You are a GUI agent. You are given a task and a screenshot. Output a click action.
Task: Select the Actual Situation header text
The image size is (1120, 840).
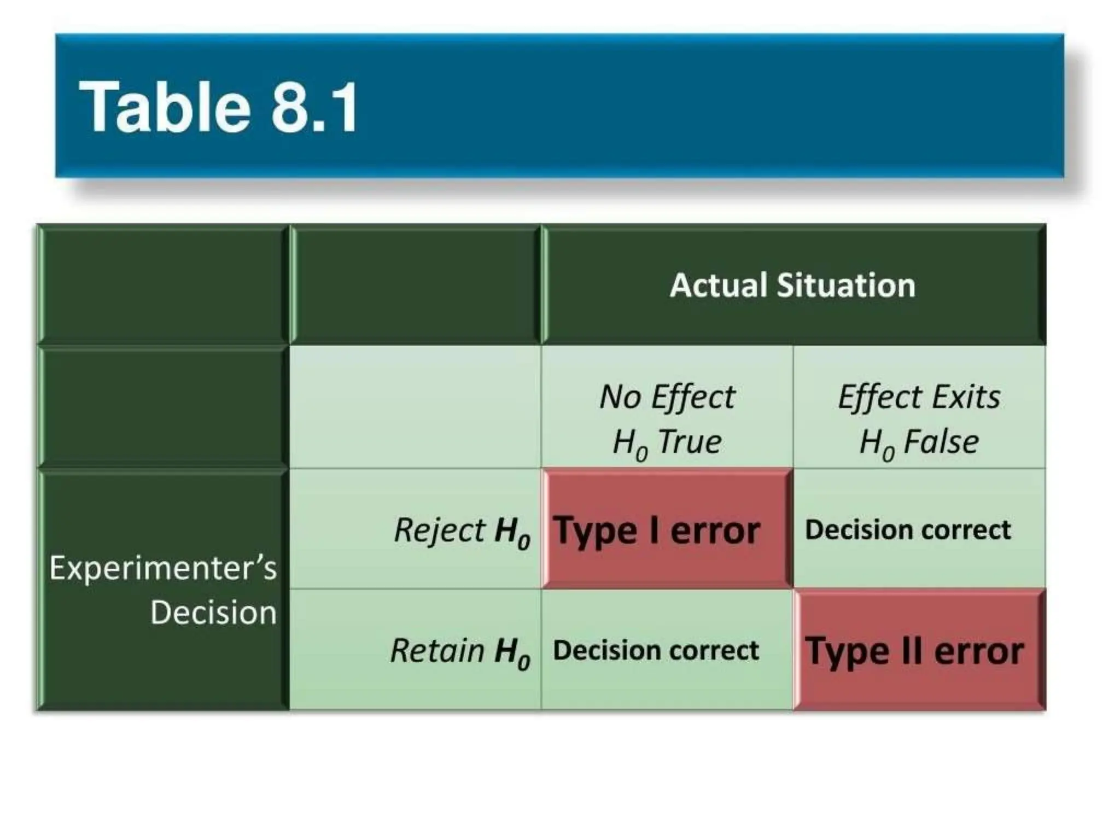(792, 285)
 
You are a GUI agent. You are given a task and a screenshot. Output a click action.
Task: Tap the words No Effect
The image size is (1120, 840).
(667, 396)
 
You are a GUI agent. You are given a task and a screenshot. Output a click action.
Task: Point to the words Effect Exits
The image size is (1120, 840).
(919, 396)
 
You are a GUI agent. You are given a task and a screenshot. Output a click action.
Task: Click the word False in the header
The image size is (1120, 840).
(941, 442)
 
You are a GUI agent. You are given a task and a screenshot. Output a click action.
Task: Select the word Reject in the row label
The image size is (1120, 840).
(439, 530)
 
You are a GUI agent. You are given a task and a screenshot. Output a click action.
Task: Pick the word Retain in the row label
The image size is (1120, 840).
(437, 651)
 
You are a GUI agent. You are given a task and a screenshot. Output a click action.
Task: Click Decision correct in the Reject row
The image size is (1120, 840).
(908, 530)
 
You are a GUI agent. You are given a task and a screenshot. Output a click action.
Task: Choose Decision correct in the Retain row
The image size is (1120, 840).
(656, 650)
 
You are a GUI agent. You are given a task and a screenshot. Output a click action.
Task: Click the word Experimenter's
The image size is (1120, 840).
(163, 568)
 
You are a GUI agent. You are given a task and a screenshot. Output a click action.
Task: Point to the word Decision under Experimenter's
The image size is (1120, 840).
(213, 612)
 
